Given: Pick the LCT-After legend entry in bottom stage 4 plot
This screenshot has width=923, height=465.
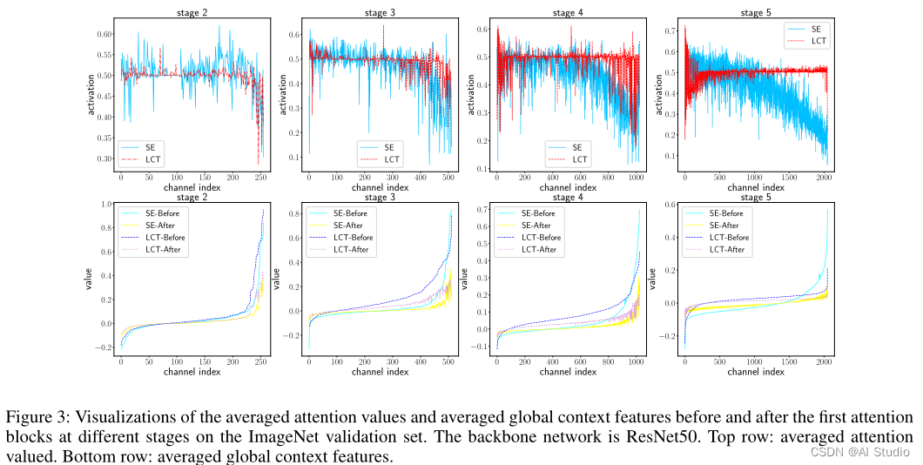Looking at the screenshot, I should click(539, 249).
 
